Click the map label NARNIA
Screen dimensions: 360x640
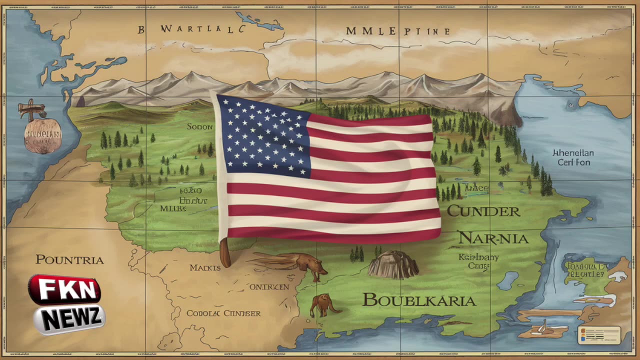click(x=493, y=238)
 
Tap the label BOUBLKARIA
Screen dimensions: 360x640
click(x=419, y=300)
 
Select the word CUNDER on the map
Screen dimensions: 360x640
click(x=483, y=211)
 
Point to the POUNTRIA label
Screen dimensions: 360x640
click(x=69, y=260)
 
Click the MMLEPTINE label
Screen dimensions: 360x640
click(x=397, y=31)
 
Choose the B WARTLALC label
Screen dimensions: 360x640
click(x=192, y=29)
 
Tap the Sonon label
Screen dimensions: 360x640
click(x=199, y=127)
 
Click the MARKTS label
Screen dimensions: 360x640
click(x=205, y=268)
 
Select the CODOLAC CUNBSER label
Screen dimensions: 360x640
click(x=223, y=313)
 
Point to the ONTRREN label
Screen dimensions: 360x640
click(x=269, y=287)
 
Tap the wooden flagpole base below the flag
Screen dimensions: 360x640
click(x=225, y=253)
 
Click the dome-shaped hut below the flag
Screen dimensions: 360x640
click(x=393, y=265)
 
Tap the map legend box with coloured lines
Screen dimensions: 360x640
click(x=599, y=335)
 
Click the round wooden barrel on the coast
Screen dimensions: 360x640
click(x=42, y=135)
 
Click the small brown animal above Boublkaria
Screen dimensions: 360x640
click(x=323, y=304)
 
